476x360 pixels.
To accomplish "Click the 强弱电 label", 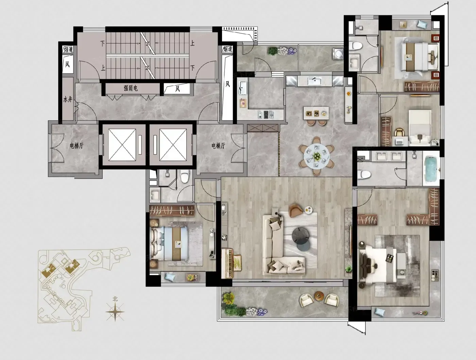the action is click(x=131, y=88).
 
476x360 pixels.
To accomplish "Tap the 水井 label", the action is click(x=68, y=100).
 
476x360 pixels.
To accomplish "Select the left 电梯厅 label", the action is click(x=76, y=145).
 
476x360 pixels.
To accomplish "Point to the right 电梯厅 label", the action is click(x=218, y=145).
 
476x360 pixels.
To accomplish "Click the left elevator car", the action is click(x=122, y=145).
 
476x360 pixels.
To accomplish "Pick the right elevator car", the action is click(x=173, y=145).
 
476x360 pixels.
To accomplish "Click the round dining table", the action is click(x=317, y=156).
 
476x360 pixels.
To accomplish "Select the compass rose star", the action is click(x=115, y=312).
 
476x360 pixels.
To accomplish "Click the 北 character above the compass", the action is click(x=115, y=299).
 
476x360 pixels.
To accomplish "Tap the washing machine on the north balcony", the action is click(x=338, y=53).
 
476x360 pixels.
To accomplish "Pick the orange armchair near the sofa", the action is click(x=295, y=210).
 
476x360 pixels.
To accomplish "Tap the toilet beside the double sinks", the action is click(x=364, y=174).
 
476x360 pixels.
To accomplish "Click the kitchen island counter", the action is click(x=316, y=113).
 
